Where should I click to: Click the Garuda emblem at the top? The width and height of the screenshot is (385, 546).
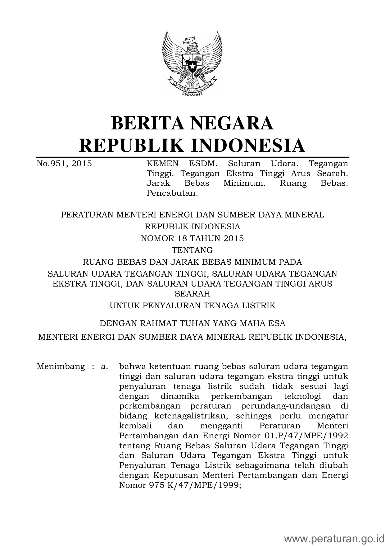(192, 64)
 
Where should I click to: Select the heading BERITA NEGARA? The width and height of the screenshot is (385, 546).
(192, 123)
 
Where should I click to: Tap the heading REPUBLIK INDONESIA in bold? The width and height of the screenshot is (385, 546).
(192, 145)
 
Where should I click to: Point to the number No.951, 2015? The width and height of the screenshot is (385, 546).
(64, 163)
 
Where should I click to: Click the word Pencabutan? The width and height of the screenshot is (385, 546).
(172, 193)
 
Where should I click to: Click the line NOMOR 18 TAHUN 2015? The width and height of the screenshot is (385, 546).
(192, 238)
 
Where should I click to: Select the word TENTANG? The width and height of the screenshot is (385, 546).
(192, 250)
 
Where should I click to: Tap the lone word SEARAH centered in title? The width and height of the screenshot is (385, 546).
(192, 293)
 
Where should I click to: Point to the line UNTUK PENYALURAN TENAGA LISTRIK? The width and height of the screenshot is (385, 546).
(192, 306)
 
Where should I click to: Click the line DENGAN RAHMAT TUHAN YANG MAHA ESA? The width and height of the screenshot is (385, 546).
(192, 324)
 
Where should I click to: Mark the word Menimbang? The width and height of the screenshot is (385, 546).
(61, 366)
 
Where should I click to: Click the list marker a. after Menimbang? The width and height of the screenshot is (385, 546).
(104, 366)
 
